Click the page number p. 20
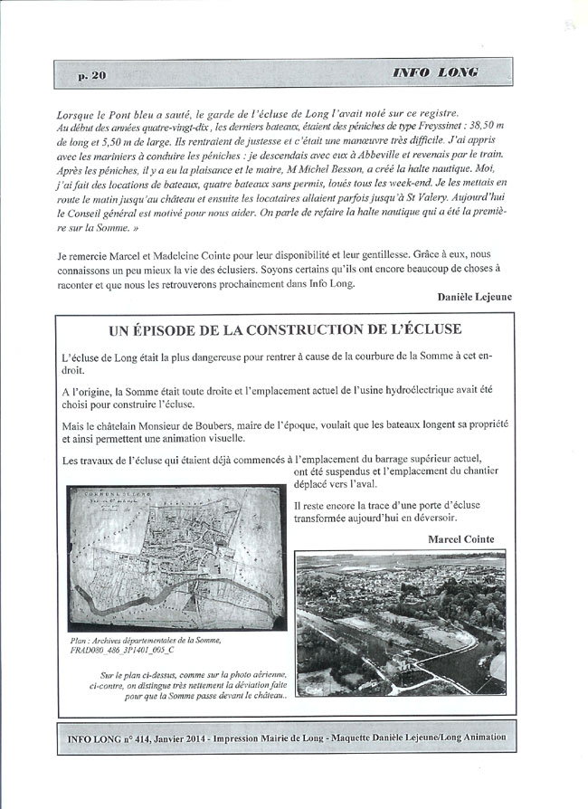tap(91, 76)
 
